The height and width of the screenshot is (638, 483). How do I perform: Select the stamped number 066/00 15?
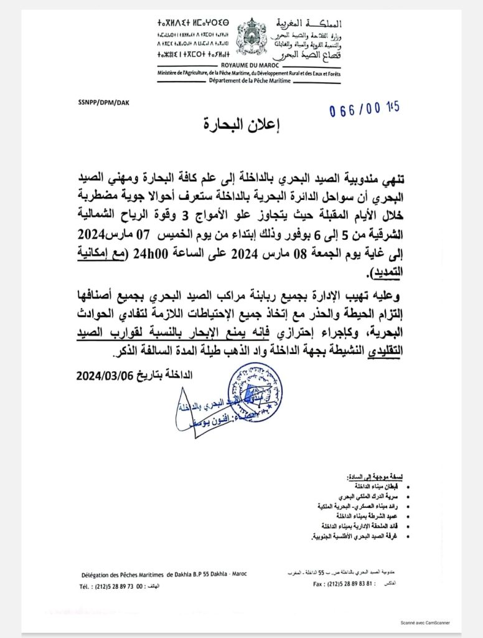[x=364, y=110]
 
